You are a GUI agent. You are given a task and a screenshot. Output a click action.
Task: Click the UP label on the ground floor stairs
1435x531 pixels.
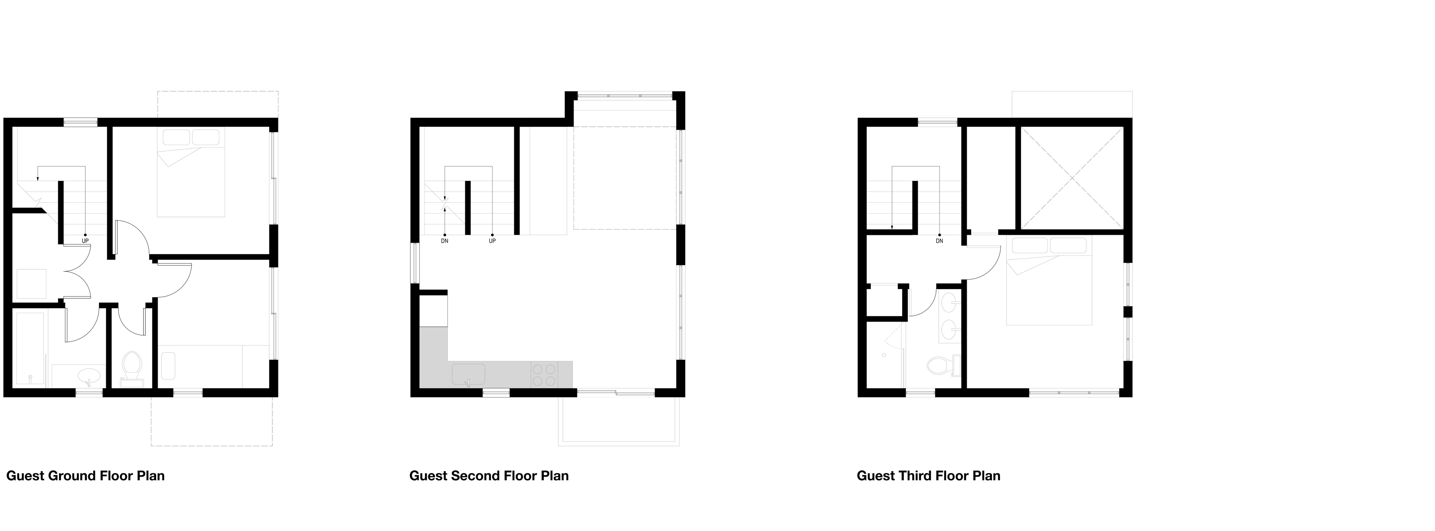click(x=85, y=241)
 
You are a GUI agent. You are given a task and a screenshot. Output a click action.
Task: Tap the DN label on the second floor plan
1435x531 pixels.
click(x=445, y=241)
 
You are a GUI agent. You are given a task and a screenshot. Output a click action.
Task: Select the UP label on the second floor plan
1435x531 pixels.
click(x=493, y=241)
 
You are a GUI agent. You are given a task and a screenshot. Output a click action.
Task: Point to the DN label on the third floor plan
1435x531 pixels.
click(x=940, y=241)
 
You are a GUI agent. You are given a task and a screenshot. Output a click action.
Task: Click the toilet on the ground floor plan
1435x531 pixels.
click(x=132, y=368)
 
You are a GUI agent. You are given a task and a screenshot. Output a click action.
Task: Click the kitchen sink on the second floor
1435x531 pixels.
click(x=469, y=374)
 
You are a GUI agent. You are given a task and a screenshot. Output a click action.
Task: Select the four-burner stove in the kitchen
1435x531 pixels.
click(x=544, y=374)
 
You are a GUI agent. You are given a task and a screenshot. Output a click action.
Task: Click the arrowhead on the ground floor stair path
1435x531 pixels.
click(x=37, y=178)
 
